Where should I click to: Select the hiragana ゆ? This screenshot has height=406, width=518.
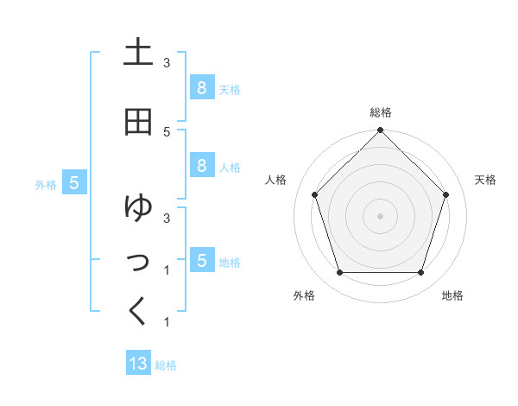click(x=138, y=207)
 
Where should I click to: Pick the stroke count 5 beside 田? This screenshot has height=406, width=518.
click(x=167, y=131)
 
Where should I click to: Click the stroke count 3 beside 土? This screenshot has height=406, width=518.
click(x=167, y=63)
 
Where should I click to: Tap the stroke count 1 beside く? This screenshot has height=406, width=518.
click(x=167, y=322)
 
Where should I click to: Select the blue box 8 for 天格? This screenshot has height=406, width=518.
click(x=201, y=88)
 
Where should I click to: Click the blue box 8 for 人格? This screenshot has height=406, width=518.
click(x=201, y=165)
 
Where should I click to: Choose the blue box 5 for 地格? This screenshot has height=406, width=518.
click(x=201, y=260)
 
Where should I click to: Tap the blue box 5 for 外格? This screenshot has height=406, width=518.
click(x=74, y=183)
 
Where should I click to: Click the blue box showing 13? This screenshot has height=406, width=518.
click(x=138, y=364)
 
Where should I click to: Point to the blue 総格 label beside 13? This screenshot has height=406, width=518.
click(x=166, y=365)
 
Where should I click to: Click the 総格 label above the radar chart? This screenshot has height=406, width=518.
click(x=380, y=112)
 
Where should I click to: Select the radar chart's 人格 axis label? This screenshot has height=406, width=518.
click(x=275, y=180)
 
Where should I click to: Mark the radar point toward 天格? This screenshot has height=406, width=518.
click(x=445, y=194)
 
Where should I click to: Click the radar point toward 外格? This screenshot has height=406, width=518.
click(x=339, y=273)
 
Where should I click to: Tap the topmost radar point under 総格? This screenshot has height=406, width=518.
click(x=380, y=131)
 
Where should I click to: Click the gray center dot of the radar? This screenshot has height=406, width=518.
click(x=380, y=216)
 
